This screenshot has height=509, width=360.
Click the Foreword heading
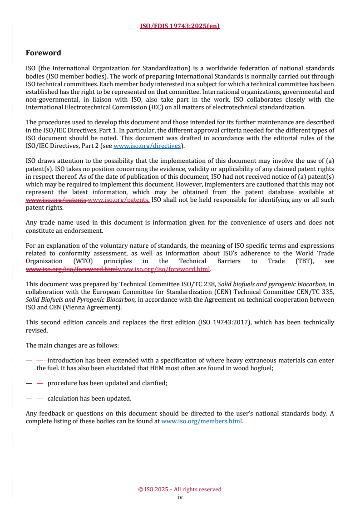point(44,53)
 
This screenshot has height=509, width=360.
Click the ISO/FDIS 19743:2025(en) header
point(180,26)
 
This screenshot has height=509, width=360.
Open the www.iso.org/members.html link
point(202,421)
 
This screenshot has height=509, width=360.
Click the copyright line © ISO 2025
point(180,489)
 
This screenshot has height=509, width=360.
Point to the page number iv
point(180,497)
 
